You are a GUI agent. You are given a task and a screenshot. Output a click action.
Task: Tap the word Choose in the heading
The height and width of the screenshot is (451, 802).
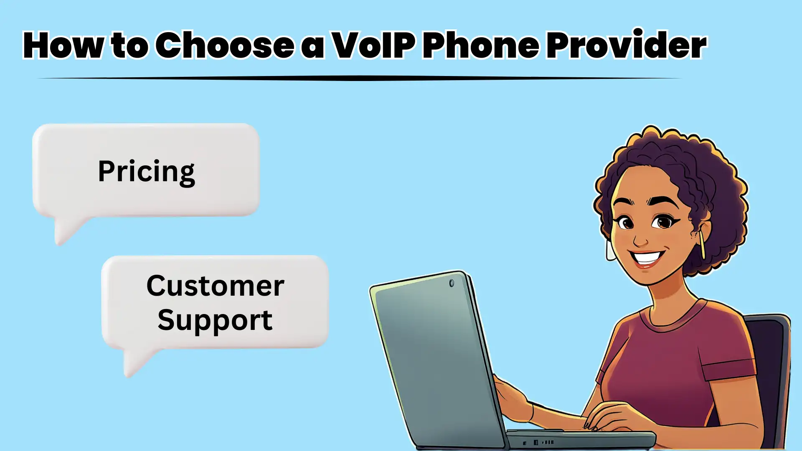point(225,45)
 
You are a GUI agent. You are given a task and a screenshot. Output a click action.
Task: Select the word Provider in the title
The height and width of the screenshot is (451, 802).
point(626,45)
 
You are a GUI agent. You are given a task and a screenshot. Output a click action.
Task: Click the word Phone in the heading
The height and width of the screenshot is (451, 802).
point(481,45)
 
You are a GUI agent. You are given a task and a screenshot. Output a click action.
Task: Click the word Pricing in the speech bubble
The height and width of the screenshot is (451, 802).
point(146,171)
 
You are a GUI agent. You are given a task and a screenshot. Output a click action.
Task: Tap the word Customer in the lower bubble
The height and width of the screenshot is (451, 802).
point(215,286)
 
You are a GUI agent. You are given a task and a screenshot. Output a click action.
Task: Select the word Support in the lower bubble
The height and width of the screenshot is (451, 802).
point(215,320)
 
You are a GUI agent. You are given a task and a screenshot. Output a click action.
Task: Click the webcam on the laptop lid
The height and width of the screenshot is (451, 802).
point(452,283)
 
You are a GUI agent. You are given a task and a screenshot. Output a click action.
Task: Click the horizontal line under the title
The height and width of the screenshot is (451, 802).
point(359,78)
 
